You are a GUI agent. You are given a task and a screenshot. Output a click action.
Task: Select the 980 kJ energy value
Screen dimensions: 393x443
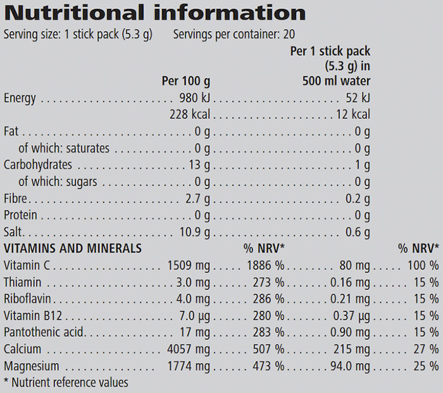pyautogui.click(x=195, y=98)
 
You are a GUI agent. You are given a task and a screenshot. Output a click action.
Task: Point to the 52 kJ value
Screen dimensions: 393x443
pyautogui.click(x=358, y=98)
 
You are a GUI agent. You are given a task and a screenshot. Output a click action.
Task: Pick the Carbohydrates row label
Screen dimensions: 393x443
pyautogui.click(x=38, y=165)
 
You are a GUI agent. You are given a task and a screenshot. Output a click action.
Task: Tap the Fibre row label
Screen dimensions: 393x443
pyautogui.click(x=16, y=198)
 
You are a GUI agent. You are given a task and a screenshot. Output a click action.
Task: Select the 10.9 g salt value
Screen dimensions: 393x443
pyautogui.click(x=196, y=231)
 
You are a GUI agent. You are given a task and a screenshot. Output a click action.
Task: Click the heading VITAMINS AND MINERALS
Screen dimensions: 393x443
pyautogui.click(x=73, y=248)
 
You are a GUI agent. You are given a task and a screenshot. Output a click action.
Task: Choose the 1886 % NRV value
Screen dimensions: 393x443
pyautogui.click(x=264, y=265)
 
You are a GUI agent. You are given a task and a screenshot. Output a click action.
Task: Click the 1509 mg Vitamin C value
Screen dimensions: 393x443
pyautogui.click(x=189, y=265)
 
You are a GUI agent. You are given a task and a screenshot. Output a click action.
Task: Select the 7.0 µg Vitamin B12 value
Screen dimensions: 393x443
pyautogui.click(x=196, y=315)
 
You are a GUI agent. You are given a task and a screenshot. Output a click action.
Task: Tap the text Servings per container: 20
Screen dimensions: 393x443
pyautogui.click(x=234, y=34)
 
